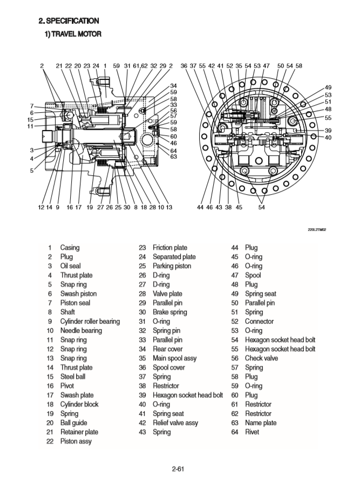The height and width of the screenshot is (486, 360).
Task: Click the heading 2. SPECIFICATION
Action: pyautogui.click(x=68, y=21)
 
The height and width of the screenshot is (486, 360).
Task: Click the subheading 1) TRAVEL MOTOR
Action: pyautogui.click(x=72, y=34)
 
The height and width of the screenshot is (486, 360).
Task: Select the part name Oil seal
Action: pyautogui.click(x=71, y=266)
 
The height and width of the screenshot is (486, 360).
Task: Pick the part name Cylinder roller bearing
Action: pyautogui.click(x=90, y=321)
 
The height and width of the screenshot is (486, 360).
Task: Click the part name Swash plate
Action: pyautogui.click(x=77, y=395)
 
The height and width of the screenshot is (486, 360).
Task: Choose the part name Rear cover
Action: pyautogui.click(x=167, y=349)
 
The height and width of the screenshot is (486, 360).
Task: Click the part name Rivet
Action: pyautogui.click(x=252, y=432)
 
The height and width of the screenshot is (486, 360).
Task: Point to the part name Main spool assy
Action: pyautogui.click(x=174, y=358)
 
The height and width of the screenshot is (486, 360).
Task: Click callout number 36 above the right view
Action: pyautogui.click(x=184, y=66)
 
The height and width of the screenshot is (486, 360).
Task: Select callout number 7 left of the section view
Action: pyautogui.click(x=32, y=106)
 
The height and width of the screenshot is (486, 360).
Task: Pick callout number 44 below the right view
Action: pyautogui.click(x=200, y=207)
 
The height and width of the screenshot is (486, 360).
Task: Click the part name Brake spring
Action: pyautogui.click(x=170, y=312)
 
